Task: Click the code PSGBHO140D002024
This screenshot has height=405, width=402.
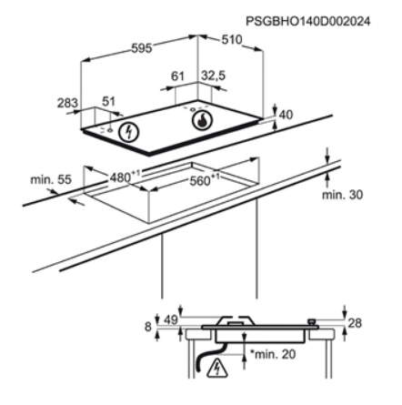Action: [x=307, y=21]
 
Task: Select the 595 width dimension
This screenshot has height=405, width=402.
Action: [x=141, y=48]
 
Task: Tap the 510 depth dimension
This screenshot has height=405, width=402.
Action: [x=232, y=40]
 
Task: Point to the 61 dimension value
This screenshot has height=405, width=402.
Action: [x=177, y=76]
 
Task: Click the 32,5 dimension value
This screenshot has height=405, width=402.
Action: [x=214, y=76]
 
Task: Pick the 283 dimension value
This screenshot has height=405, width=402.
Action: [x=67, y=103]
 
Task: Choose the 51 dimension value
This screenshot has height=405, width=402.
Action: [x=108, y=101]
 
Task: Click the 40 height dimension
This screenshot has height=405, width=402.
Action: [x=286, y=115]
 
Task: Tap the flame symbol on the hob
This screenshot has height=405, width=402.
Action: [x=202, y=120]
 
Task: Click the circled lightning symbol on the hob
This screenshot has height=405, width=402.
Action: [x=129, y=132]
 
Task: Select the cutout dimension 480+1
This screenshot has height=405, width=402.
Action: [x=125, y=177]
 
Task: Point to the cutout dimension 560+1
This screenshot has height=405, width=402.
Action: [x=204, y=180]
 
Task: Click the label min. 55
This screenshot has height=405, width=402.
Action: [x=51, y=179]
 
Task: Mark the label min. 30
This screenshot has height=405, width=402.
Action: [x=342, y=195]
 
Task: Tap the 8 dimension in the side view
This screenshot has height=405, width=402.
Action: [x=147, y=327]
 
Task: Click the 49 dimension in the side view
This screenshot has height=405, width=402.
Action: [x=171, y=319]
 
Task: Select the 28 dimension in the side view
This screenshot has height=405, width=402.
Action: [x=355, y=323]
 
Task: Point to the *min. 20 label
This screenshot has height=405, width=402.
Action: [x=273, y=354]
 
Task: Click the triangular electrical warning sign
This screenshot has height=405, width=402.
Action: [x=216, y=368]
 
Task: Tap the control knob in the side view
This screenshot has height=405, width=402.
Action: [x=311, y=322]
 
